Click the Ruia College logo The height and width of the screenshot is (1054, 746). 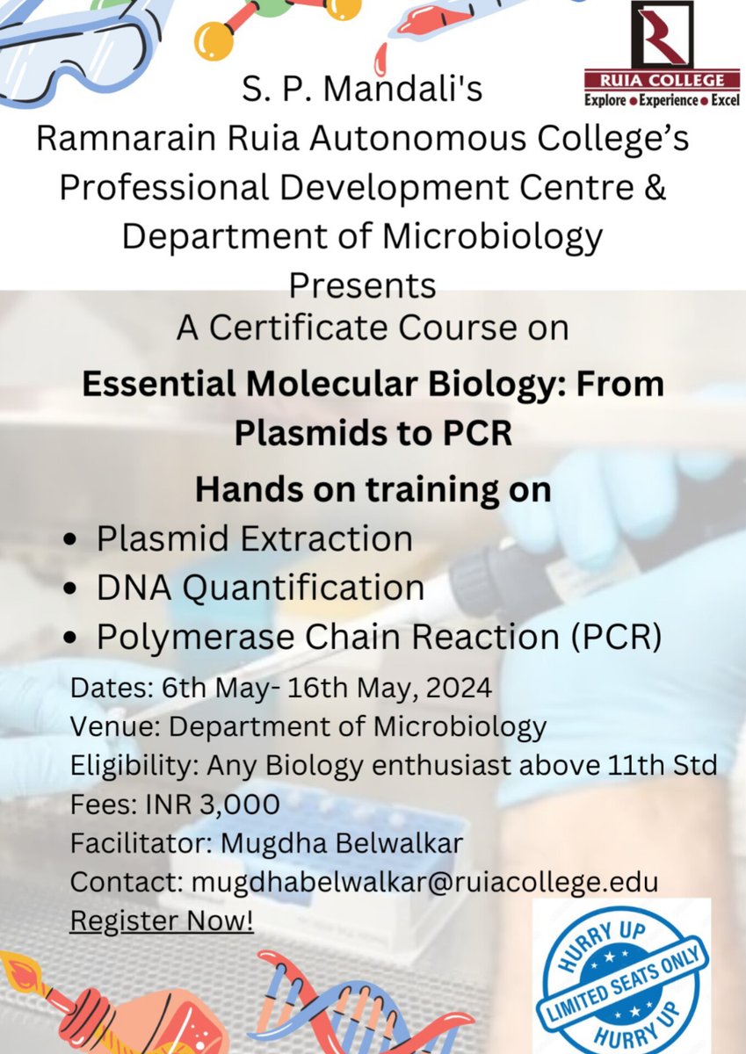coord(662,53)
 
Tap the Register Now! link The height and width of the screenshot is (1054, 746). coord(162,922)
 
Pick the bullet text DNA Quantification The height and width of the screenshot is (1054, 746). coord(260,587)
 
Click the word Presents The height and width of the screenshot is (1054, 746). coord(362,285)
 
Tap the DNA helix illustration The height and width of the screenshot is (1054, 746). coord(351,1010)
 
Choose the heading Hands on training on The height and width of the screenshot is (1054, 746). coord(373,489)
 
